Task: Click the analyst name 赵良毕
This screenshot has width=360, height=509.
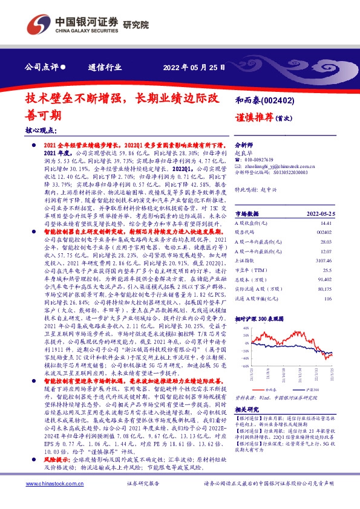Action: tap(243, 154)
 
